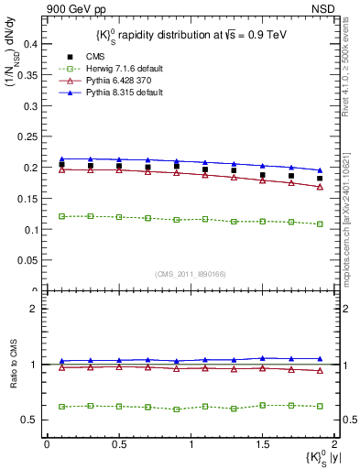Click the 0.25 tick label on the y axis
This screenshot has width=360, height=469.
(x=26, y=136)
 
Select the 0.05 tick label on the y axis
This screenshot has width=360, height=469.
(x=26, y=260)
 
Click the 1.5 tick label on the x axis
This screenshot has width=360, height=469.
(x=262, y=443)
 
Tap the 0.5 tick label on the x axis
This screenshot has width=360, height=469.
(x=118, y=443)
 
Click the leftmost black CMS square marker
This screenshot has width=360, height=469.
(x=61, y=165)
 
